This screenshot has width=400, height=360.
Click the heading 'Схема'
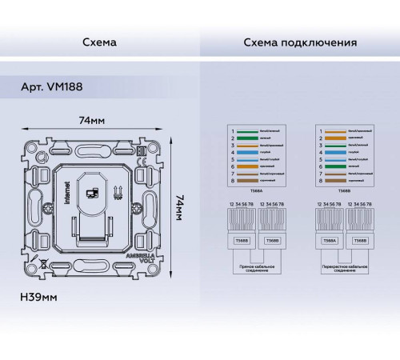click(x=99, y=41)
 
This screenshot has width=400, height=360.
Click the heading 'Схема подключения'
click(x=300, y=41)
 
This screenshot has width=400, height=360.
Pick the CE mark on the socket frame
click(x=141, y=150)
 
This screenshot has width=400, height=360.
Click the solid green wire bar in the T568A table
click(x=246, y=138)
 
